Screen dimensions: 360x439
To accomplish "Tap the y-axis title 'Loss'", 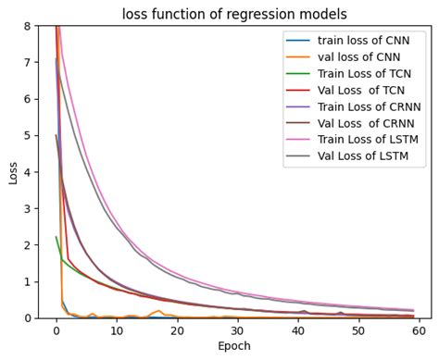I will tap(13, 172).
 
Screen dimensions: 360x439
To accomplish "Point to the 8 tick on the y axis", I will tap(29, 26).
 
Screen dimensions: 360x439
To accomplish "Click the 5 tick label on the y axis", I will tap(29, 135).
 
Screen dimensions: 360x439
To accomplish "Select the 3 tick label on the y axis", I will tap(29, 208).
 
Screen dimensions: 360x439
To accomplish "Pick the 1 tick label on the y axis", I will tap(29, 281).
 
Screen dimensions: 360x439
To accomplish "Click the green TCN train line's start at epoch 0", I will tap(56, 237).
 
